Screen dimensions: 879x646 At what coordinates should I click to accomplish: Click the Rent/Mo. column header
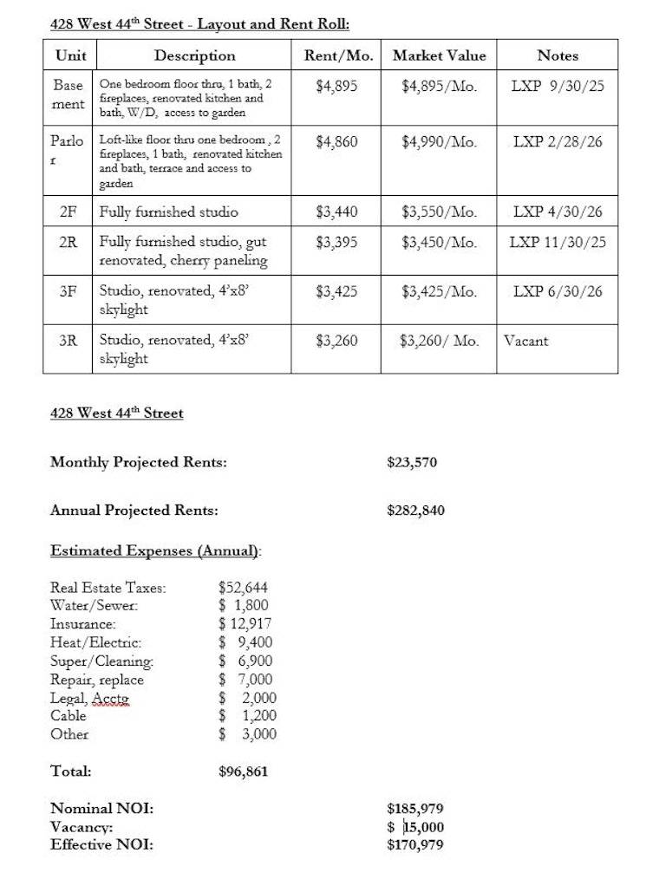338,55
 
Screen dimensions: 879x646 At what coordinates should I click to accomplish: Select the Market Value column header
439,55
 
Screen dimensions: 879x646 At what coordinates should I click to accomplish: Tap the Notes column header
558,55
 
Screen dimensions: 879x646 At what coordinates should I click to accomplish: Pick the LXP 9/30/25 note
558,87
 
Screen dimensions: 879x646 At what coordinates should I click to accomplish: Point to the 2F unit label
69,212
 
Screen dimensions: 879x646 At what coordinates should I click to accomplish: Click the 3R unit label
69,341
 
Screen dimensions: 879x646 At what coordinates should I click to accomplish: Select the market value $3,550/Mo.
439,212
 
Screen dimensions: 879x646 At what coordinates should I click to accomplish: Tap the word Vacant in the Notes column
525,341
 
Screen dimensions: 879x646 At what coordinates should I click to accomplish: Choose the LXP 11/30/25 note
558,242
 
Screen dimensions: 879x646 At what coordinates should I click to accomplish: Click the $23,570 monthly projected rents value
412,462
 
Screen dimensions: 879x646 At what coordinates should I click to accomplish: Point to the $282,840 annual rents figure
415,510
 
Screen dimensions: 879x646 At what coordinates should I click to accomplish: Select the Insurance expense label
83,624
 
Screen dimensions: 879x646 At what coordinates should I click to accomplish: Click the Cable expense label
69,716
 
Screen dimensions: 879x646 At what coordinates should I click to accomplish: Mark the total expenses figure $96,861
244,771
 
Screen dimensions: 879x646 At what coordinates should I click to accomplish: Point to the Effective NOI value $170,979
415,844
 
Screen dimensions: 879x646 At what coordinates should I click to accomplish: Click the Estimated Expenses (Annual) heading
156,550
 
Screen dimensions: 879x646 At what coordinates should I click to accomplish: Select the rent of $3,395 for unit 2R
336,242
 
